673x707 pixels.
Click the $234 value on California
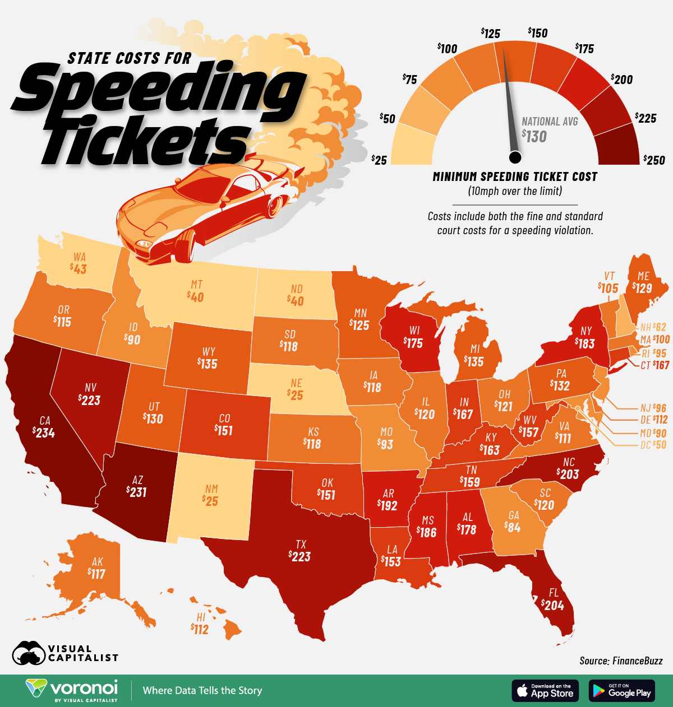(44, 432)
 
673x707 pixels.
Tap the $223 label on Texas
(300, 556)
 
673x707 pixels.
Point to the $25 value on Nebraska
(296, 396)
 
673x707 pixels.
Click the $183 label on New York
(584, 343)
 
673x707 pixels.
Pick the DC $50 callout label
(653, 445)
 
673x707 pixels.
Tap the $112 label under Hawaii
(200, 630)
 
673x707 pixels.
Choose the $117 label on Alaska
(97, 574)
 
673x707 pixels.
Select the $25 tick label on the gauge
(379, 160)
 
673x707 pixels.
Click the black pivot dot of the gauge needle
(515, 156)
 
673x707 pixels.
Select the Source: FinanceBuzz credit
(621, 661)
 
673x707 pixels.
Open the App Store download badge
(545, 690)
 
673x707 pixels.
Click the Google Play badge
(621, 690)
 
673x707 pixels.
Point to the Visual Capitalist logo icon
(29, 653)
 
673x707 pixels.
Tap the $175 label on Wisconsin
(413, 343)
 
